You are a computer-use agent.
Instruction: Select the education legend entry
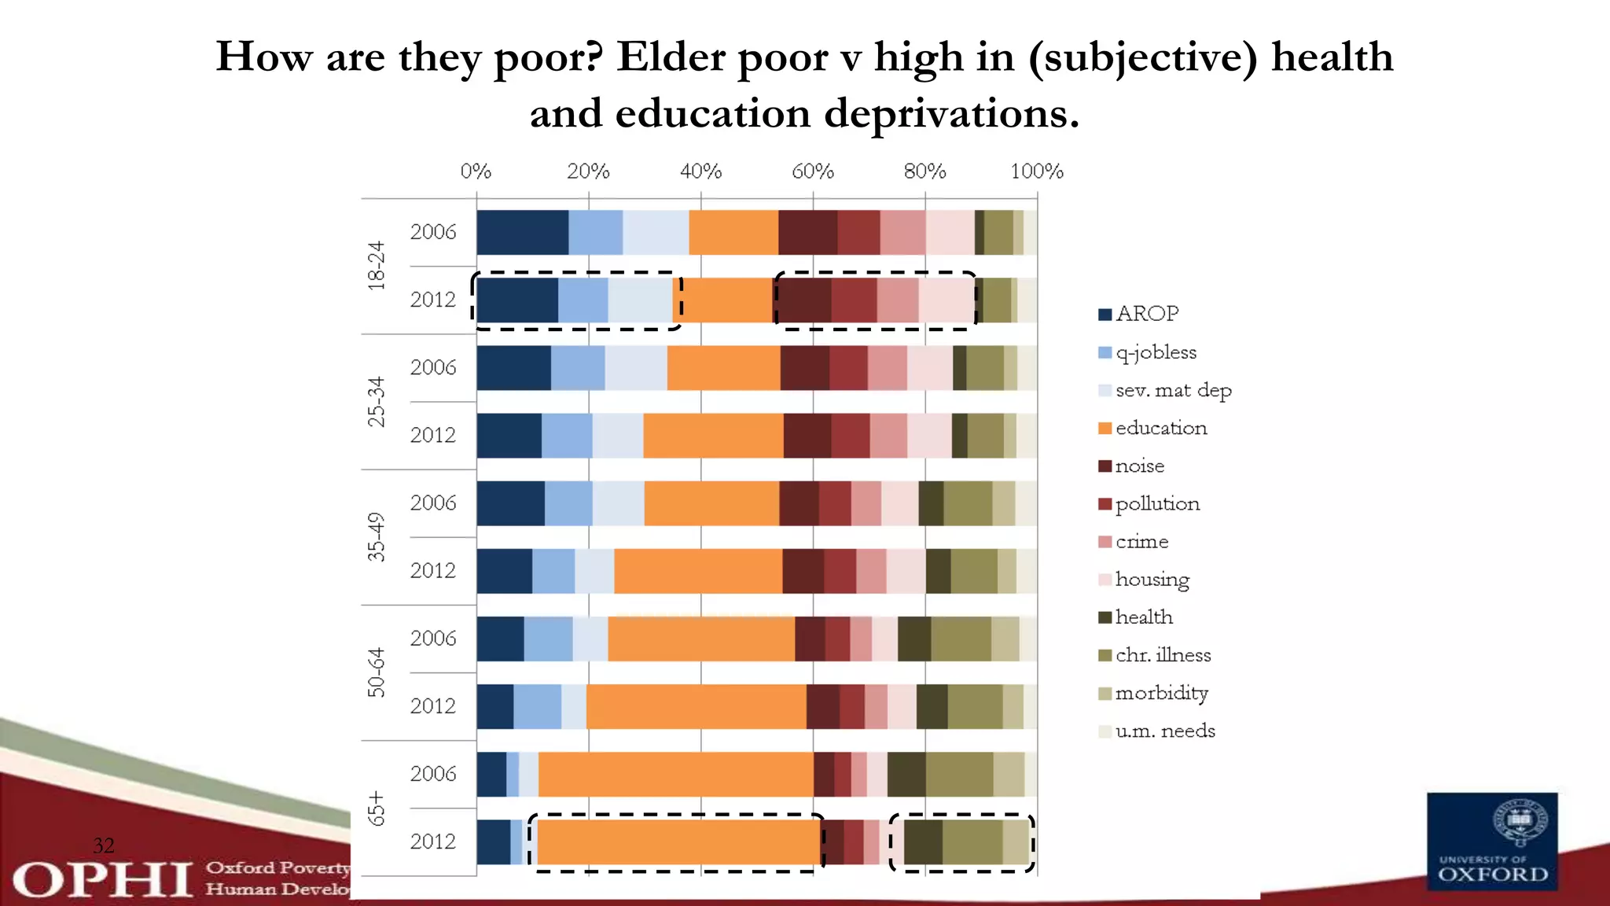coord(1160,428)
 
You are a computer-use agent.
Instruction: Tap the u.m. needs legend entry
coord(1164,731)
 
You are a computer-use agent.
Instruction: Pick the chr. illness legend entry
coord(1163,655)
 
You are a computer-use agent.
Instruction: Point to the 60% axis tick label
coord(812,171)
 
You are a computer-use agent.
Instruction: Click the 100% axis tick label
coord(1036,171)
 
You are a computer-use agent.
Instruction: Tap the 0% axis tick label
coord(476,171)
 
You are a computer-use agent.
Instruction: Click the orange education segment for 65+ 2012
coord(679,842)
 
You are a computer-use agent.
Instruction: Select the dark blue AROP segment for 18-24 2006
coord(522,232)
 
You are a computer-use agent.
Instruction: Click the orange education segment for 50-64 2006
coord(700,639)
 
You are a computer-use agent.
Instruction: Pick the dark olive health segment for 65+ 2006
coord(906,774)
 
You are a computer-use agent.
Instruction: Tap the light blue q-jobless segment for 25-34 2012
coord(566,435)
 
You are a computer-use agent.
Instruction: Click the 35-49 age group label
coord(377,536)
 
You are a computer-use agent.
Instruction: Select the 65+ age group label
coord(377,808)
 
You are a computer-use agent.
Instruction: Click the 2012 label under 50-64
coord(432,706)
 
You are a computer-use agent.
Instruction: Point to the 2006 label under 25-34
coord(432,367)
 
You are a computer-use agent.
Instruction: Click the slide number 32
coord(103,845)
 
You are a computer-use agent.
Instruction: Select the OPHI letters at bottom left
coord(102,879)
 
